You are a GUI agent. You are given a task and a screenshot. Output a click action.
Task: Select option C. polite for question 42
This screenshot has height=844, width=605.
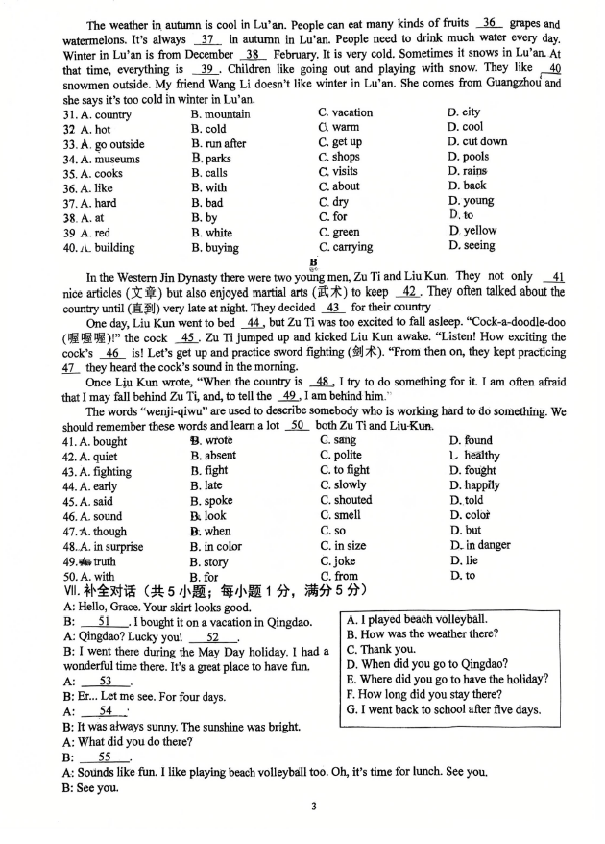point(341,456)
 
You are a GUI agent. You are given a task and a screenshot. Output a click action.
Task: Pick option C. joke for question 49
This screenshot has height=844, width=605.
point(338,561)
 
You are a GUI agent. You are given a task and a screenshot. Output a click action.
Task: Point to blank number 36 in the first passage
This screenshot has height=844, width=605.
point(489,22)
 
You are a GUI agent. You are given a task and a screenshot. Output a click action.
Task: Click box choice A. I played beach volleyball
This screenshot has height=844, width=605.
point(417,620)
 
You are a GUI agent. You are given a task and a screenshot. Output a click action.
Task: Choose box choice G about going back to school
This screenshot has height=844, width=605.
point(444,710)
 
